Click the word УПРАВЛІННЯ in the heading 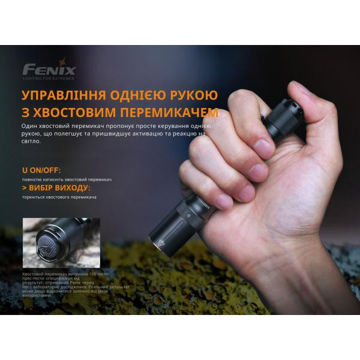tap(59, 96)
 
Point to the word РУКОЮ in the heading tap(193, 96)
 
